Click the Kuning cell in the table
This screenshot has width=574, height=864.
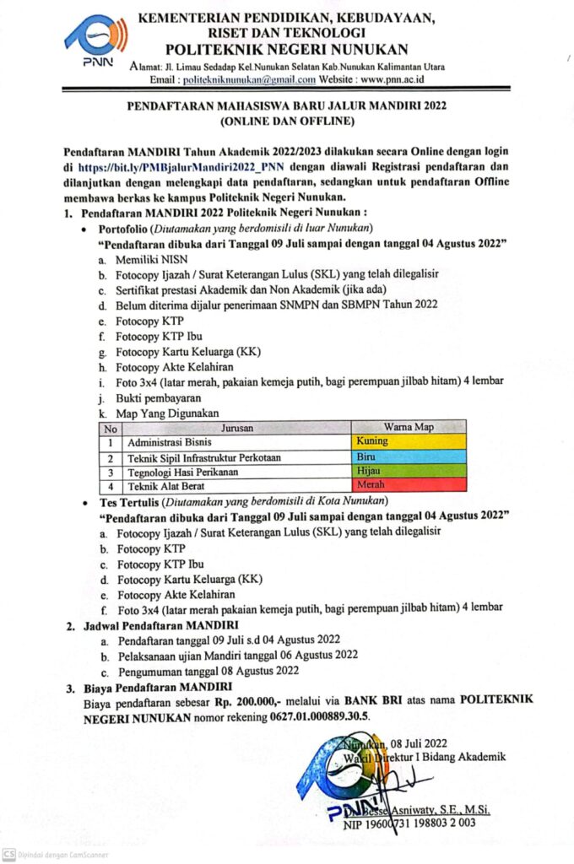[408, 441]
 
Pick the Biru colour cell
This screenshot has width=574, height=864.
[408, 456]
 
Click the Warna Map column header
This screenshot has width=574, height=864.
[408, 427]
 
